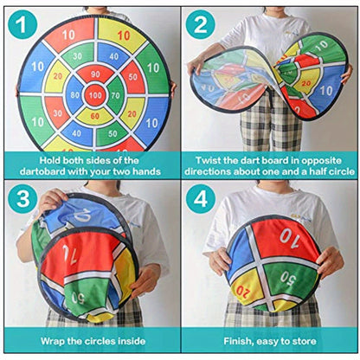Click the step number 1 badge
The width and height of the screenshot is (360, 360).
[21, 23]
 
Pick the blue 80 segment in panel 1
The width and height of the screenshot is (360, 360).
[75, 94]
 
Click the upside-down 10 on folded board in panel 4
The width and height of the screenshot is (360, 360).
[287, 234]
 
